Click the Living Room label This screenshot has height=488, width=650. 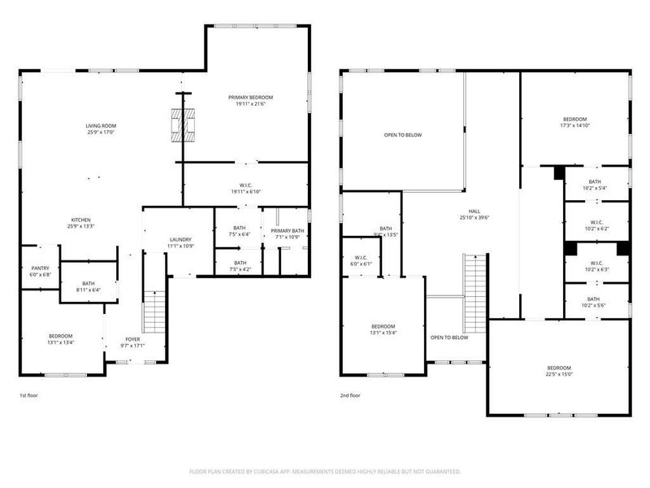coord(102,125)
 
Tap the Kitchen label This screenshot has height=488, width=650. coord(80,220)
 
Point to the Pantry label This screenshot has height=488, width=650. coord(40,268)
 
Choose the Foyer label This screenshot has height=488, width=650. coord(132,339)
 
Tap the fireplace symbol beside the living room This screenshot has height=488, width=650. coord(184,125)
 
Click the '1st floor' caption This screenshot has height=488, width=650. coord(29,394)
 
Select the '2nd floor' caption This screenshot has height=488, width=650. coord(350,394)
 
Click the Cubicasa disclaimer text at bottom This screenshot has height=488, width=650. coord(325,471)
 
